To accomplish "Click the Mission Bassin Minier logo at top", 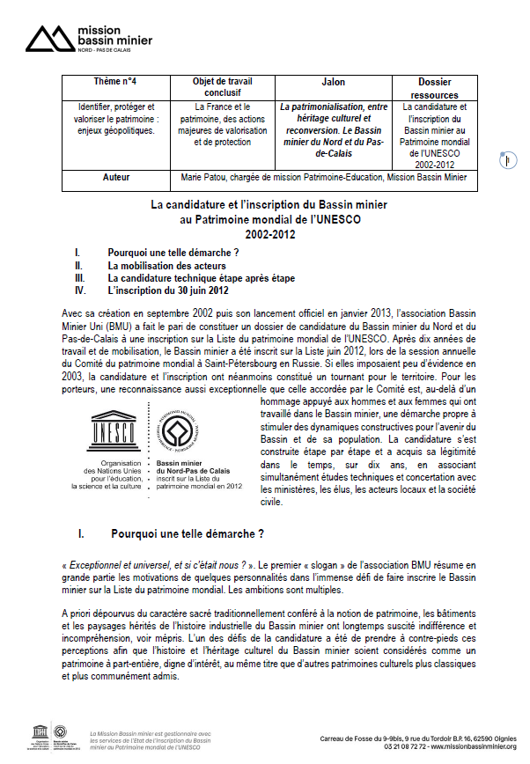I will tap(88, 37).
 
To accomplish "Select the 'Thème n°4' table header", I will tap(115, 82).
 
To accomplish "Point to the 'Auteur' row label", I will tap(115, 178).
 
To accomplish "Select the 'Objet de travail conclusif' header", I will tap(222, 87).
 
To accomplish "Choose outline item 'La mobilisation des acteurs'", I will tap(166, 264).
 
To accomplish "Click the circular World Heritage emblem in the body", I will tap(179, 430).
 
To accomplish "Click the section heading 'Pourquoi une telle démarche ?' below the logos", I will tap(188, 533).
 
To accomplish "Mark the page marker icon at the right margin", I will tap(508, 160).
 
